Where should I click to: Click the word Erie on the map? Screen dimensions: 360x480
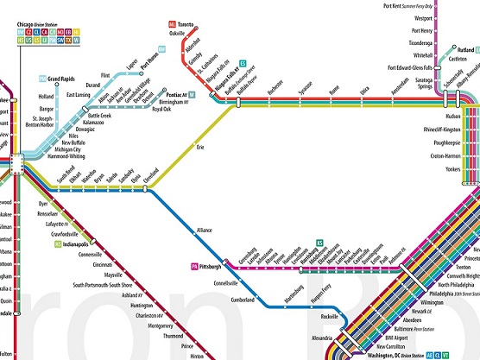pos(202,148)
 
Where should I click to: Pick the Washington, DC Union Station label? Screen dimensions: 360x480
pos(393,354)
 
